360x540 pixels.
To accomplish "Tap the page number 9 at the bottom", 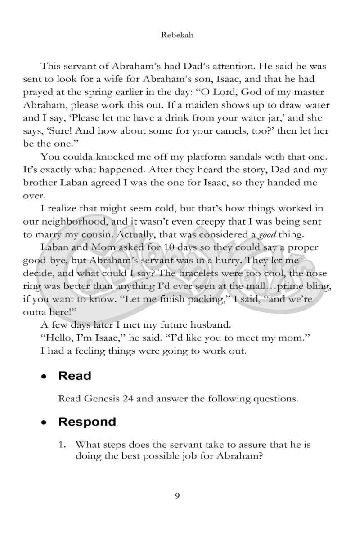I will click(177, 496).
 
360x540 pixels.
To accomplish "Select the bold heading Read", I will click(75, 376).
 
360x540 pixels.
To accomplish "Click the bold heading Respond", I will click(87, 422).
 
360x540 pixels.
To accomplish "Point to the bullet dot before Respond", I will click(44, 423).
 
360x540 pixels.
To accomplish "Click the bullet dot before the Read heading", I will click(44, 377).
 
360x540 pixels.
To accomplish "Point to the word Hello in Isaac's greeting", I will click(58, 338).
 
